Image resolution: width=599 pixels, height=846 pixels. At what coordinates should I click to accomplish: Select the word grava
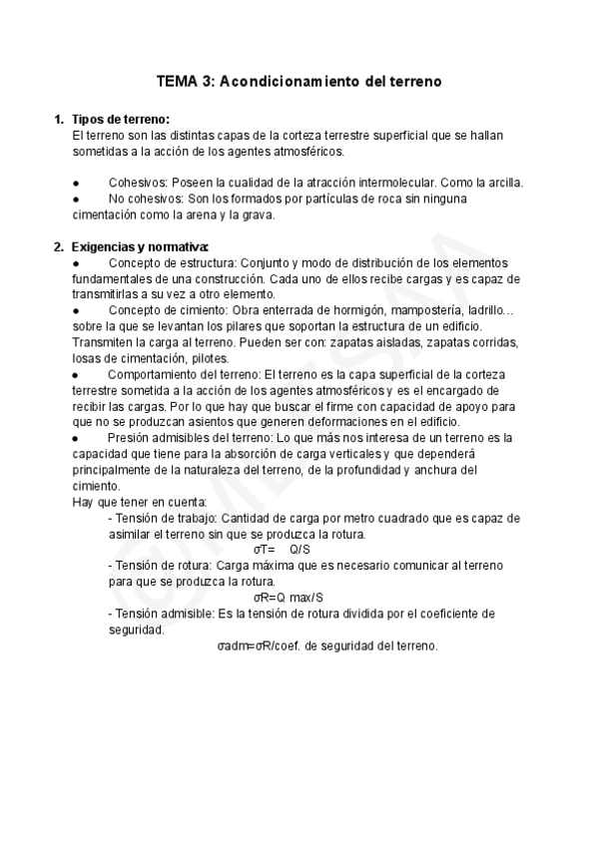click(258, 213)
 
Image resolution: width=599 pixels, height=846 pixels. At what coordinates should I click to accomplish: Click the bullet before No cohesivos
click(76, 199)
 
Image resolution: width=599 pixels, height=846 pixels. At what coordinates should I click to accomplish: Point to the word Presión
click(131, 438)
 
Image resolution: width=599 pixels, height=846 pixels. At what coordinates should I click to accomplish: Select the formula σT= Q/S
click(283, 549)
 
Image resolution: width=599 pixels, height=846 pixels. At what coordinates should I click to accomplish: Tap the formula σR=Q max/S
click(288, 598)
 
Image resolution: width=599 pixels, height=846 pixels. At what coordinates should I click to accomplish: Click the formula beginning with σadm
click(327, 645)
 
